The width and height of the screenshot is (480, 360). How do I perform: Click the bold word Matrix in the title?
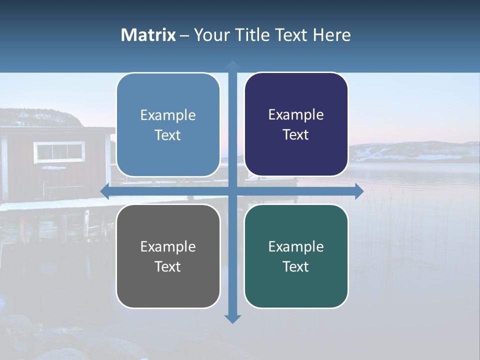[x=148, y=35]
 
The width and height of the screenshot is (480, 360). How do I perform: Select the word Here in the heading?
[x=332, y=35]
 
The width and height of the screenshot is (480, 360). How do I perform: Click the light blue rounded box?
[x=168, y=125]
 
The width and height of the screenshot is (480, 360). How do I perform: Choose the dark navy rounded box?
[x=296, y=124]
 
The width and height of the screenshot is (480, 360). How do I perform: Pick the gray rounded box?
[x=168, y=256]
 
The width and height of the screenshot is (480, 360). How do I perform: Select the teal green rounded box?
[x=296, y=256]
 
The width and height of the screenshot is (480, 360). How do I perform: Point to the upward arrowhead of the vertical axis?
[x=232, y=65]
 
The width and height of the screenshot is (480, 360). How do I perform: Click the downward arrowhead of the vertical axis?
[x=232, y=318]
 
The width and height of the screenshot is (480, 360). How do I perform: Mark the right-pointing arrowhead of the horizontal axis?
[x=358, y=191]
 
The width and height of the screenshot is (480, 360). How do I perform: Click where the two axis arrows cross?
[x=232, y=191]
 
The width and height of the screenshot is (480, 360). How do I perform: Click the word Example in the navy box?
[x=296, y=114]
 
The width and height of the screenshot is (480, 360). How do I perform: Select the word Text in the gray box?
[x=168, y=266]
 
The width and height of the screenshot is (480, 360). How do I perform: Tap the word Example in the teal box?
[x=296, y=246]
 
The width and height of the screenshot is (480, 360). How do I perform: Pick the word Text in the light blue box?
[x=168, y=135]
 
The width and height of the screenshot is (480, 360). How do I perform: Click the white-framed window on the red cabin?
[x=59, y=151]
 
